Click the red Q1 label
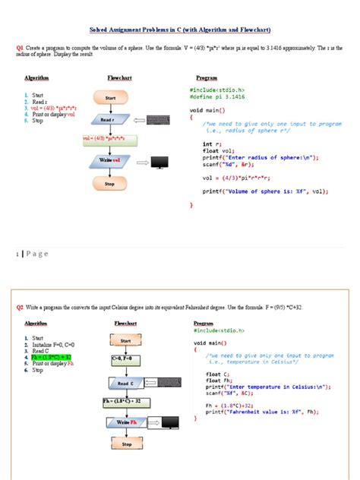click(20, 47)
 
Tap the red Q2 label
click(21, 307)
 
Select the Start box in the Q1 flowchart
click(110, 99)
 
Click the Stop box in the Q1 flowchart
click(110, 183)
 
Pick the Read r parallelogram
click(107, 120)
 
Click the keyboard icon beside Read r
click(158, 120)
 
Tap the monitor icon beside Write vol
click(159, 161)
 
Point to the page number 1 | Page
click(30, 254)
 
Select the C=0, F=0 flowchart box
click(126, 358)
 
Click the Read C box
click(126, 384)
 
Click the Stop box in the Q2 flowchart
click(126, 444)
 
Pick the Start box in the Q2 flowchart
click(126, 341)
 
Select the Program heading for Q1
click(207, 78)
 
